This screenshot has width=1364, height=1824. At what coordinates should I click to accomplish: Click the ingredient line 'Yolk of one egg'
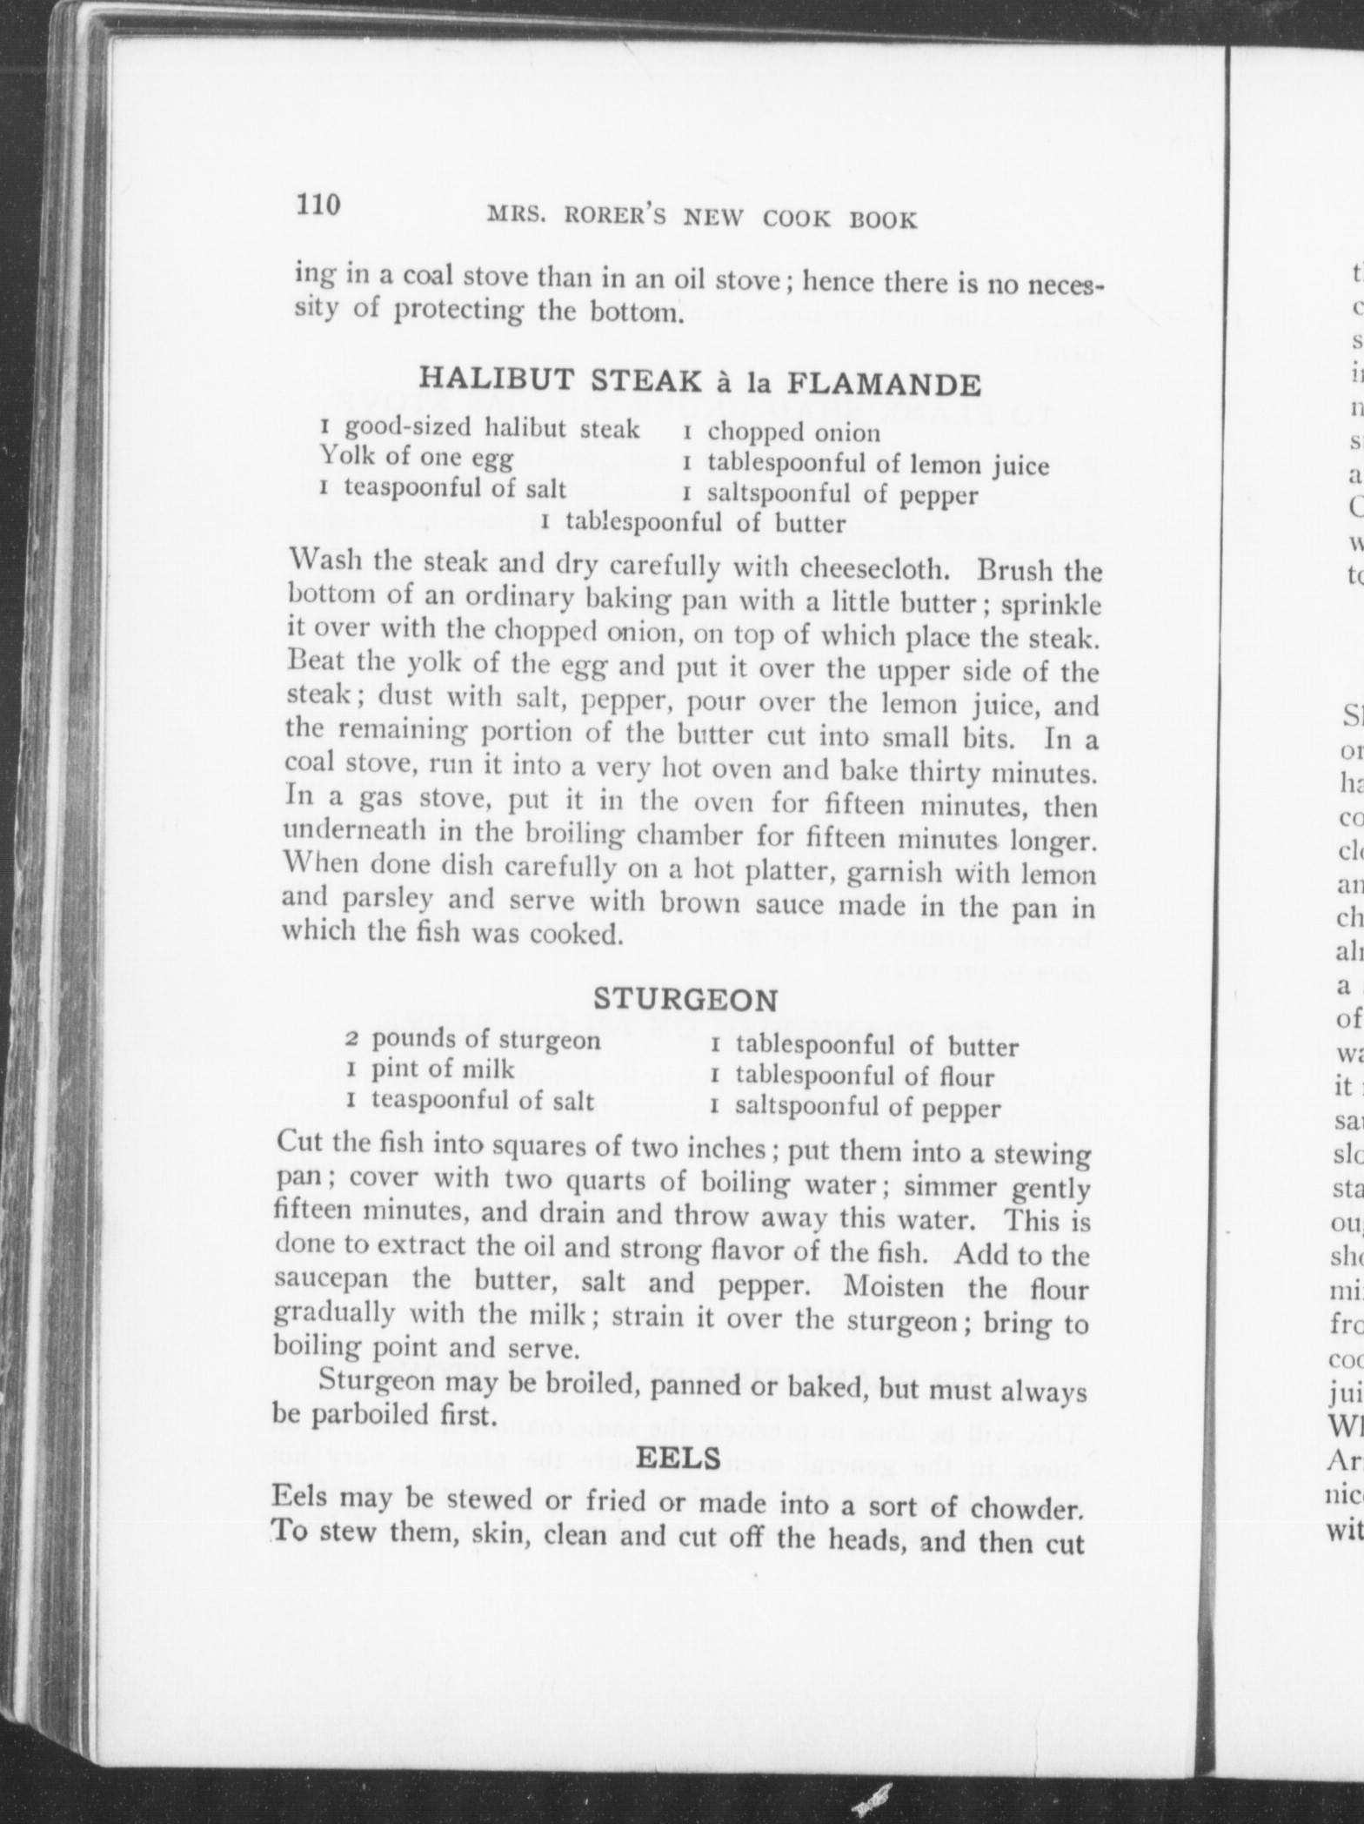coord(417,457)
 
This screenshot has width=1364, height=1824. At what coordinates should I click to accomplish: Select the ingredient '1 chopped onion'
coord(781,433)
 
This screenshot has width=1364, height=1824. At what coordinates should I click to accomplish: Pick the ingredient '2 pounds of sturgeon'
coord(473,1040)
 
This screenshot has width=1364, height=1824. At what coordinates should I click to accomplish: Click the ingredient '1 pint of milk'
coord(431,1070)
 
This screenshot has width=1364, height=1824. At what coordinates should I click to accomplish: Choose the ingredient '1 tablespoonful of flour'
coord(852,1076)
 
